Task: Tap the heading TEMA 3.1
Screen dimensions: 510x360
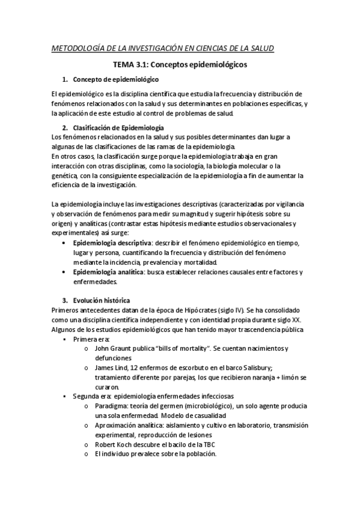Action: pyautogui.click(x=132, y=64)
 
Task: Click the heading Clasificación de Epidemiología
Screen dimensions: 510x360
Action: pyautogui.click(x=118, y=128)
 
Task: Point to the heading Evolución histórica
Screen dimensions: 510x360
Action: pyautogui.click(x=100, y=300)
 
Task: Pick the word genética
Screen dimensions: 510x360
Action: pyautogui.click(x=65, y=176)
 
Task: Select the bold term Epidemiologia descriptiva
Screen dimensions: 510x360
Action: pyautogui.click(x=112, y=243)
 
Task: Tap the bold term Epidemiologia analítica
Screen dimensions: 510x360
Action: pyautogui.click(x=108, y=272)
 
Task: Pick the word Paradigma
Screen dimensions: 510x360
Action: pyautogui.click(x=113, y=407)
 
